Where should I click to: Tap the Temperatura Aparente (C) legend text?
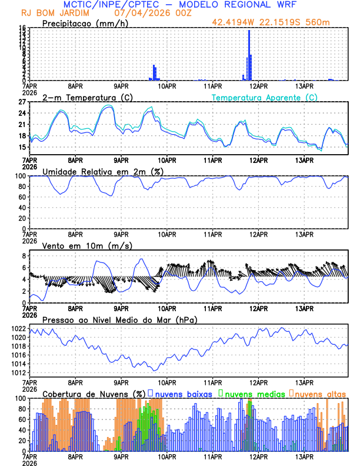[265, 97]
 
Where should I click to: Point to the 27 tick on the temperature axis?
[23, 102]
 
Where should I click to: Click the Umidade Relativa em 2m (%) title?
[104, 171]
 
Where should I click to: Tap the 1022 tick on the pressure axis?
[19, 328]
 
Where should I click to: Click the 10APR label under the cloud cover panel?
[167, 456]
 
